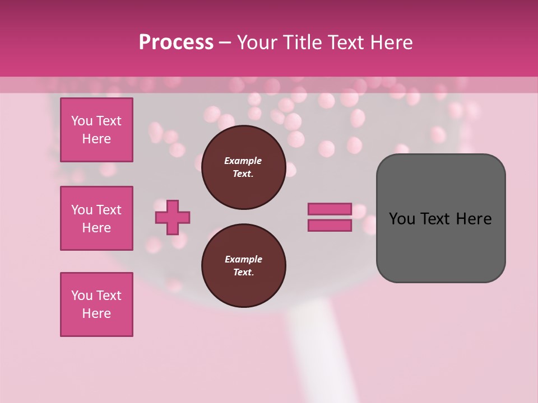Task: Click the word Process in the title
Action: point(176,43)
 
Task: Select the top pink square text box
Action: point(96,130)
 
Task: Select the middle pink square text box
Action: point(96,218)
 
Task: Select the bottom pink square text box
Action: point(96,304)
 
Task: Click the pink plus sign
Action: point(173,217)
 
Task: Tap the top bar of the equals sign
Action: point(330,209)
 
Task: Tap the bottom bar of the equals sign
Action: point(330,226)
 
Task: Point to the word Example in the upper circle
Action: point(243,161)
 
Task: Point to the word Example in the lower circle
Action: point(243,259)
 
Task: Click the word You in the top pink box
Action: point(82,121)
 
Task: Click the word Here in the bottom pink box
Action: point(96,313)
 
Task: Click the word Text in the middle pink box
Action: point(108,210)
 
